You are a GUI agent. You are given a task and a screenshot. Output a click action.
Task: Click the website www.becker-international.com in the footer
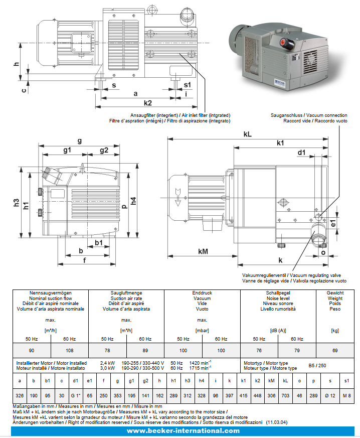pyautogui.click(x=183, y=431)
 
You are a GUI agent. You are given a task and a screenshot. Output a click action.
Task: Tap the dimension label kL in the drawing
pyautogui.click(x=247, y=134)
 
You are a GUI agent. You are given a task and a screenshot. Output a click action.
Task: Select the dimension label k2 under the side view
pyautogui.click(x=147, y=102)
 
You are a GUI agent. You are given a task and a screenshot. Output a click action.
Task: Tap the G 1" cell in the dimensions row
pyautogui.click(x=75, y=396)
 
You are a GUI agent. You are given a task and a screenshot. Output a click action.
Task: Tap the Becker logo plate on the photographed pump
pyautogui.click(x=279, y=81)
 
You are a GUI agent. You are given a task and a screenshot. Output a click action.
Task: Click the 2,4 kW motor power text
pyautogui.click(x=108, y=363)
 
